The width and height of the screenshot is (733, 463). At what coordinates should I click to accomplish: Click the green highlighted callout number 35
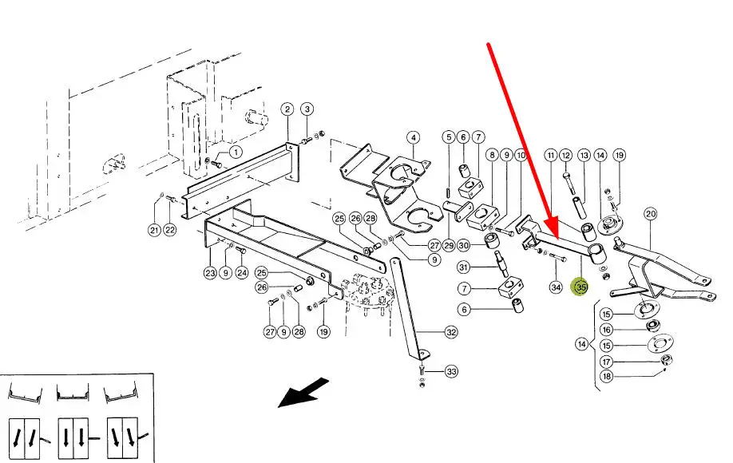[580, 286]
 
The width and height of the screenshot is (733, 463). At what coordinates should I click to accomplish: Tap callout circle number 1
[236, 151]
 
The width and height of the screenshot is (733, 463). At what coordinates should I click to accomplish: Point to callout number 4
[413, 137]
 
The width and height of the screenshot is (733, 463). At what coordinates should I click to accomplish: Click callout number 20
[650, 213]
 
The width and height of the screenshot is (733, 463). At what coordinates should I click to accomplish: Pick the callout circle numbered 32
[451, 332]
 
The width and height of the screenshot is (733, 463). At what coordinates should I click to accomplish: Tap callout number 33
[451, 371]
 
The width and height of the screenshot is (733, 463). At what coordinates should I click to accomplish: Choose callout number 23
[210, 274]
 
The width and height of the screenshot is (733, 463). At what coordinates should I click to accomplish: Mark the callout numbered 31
[464, 267]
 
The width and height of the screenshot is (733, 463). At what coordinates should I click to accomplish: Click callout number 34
[557, 286]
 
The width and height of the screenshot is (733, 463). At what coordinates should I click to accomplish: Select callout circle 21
[154, 231]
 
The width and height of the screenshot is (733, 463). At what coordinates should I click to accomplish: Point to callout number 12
[566, 155]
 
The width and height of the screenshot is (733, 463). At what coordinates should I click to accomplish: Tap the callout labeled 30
[464, 245]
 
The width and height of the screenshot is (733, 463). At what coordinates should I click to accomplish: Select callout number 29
[450, 245]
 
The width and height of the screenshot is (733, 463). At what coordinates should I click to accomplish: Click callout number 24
[242, 274]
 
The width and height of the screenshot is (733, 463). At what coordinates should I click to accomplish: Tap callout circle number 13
[584, 155]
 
